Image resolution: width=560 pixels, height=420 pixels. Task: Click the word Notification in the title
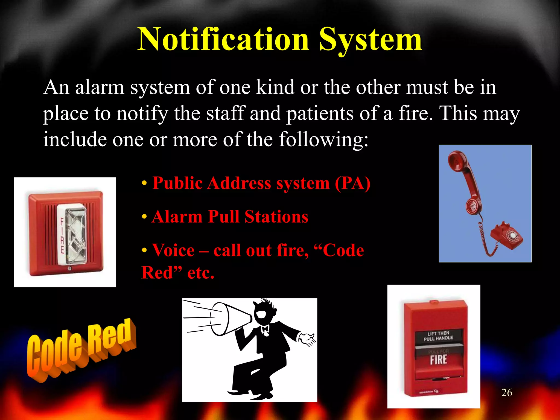[223, 40]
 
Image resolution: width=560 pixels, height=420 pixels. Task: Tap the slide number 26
[507, 393]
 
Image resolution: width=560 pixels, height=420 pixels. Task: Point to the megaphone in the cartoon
[230, 319]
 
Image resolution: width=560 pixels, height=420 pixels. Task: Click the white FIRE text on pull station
[438, 360]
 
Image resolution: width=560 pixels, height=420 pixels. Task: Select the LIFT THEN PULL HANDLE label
[438, 336]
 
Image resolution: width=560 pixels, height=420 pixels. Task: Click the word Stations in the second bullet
[276, 217]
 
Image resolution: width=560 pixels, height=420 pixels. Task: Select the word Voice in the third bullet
[173, 250]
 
